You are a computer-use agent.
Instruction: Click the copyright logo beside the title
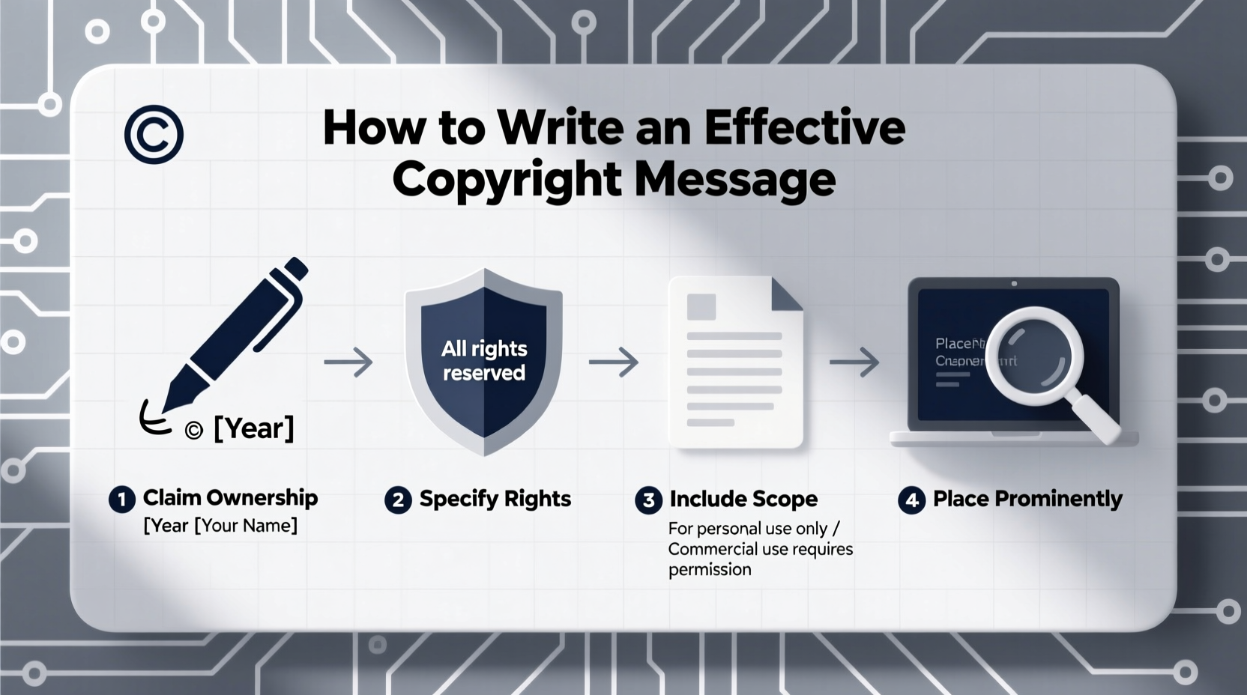tap(154, 135)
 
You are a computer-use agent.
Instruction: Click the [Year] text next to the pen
tap(253, 428)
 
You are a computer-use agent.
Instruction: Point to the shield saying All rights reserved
tap(483, 360)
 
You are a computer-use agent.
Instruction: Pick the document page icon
tap(735, 362)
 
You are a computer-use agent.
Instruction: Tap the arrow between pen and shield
tap(348, 362)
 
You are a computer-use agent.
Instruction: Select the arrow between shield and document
tap(614, 362)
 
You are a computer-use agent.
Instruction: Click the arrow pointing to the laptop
tap(854, 362)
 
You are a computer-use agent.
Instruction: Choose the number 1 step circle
tap(121, 500)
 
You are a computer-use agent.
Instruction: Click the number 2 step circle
tap(398, 500)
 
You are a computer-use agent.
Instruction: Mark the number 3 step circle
tap(648, 500)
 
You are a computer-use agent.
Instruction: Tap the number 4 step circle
tap(911, 500)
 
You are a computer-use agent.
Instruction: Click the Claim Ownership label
tap(230, 498)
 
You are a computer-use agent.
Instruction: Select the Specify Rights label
tap(495, 499)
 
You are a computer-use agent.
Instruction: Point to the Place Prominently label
tap(1027, 499)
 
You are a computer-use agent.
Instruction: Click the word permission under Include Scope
tap(710, 569)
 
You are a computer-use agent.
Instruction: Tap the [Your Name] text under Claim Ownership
tap(247, 526)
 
